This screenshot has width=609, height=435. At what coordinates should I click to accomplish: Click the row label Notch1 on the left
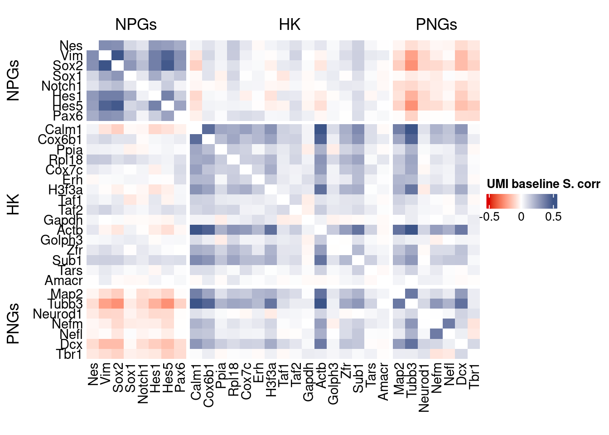coord(62,86)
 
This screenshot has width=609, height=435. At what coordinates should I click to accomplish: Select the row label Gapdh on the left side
coord(63,220)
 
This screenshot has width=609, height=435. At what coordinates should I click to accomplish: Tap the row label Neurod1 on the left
coord(58,314)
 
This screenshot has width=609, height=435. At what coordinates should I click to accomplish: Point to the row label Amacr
coord(63,280)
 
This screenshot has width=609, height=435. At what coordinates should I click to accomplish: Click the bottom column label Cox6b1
coord(209,385)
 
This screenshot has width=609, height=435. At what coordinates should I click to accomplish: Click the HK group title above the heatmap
coord(290,24)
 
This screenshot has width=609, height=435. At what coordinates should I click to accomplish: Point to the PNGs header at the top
coord(436,24)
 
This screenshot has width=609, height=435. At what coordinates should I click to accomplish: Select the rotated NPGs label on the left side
coord(13,80)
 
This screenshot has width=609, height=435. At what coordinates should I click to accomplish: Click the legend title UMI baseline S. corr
coord(543,184)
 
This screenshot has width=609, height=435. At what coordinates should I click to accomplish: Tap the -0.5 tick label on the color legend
coord(489,217)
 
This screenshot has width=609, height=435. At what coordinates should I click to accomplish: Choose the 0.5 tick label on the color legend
coord(553,217)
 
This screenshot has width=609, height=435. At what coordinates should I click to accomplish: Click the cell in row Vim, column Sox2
coord(118,56)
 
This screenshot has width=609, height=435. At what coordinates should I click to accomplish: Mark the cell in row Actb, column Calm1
coord(196,230)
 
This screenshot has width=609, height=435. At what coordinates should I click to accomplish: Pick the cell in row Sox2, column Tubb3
coord(411,66)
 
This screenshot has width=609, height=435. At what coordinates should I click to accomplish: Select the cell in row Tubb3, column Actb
coord(320,304)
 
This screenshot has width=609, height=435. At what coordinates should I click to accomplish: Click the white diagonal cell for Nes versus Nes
coord(93,46)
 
